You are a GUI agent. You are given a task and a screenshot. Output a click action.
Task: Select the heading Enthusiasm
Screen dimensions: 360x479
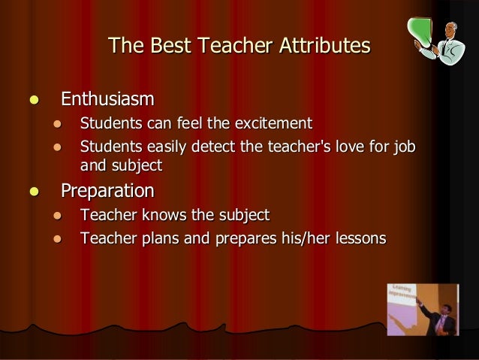coord(108,99)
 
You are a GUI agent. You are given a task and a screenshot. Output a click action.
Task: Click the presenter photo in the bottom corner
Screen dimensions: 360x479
coord(423,309)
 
